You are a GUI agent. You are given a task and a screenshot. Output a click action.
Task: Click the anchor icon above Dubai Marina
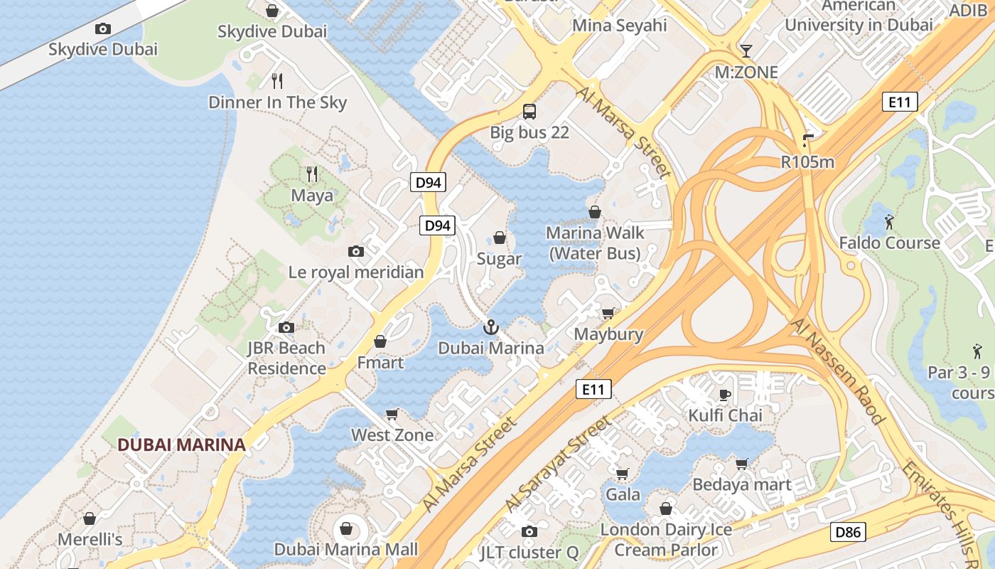tap(490, 327)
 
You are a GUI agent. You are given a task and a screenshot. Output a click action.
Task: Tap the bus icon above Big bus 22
tap(529, 111)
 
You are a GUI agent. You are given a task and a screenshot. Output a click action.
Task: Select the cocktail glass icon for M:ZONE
tap(746, 50)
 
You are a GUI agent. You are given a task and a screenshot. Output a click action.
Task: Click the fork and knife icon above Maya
tap(311, 174)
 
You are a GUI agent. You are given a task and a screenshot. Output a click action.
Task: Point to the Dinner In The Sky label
tap(277, 102)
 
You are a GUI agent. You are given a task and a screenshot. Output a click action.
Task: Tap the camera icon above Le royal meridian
tap(356, 251)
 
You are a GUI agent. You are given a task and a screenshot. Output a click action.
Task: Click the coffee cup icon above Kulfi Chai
tap(725, 395)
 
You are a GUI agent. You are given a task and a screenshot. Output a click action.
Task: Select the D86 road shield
tap(848, 531)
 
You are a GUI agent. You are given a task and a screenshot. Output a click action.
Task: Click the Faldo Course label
tap(889, 243)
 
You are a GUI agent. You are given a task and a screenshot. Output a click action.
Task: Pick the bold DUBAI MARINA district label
tap(181, 445)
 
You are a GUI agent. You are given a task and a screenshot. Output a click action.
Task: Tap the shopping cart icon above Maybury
tap(608, 313)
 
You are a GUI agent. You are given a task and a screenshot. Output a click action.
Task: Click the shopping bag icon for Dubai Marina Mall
tap(346, 528)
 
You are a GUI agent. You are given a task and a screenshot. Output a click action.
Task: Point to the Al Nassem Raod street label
tap(838, 371)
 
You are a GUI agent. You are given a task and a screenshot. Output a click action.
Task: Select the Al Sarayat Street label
tap(559, 464)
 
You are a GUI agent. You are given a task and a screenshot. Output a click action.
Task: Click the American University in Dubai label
tap(859, 16)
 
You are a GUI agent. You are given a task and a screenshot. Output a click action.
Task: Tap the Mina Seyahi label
tap(620, 26)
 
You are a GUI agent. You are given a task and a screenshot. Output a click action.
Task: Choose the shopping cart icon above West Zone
tap(392, 414)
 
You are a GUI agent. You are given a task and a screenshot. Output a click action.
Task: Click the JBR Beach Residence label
tap(286, 358)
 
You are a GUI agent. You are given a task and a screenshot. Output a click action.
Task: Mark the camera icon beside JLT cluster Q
tap(529, 531)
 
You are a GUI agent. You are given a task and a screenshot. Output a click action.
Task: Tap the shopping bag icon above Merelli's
tap(90, 519)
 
